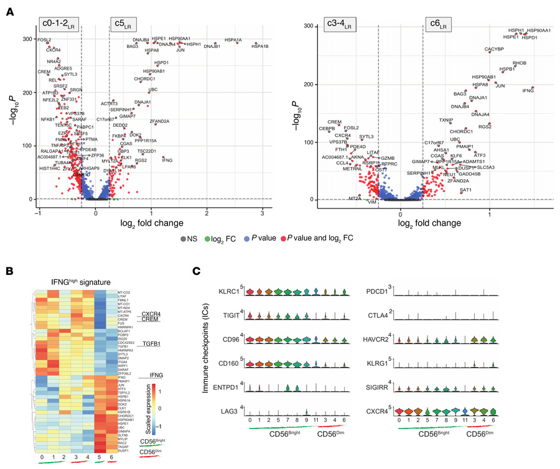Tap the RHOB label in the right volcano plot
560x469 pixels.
point(520,63)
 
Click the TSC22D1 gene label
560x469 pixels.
point(147,151)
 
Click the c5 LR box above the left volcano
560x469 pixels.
point(121,25)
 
